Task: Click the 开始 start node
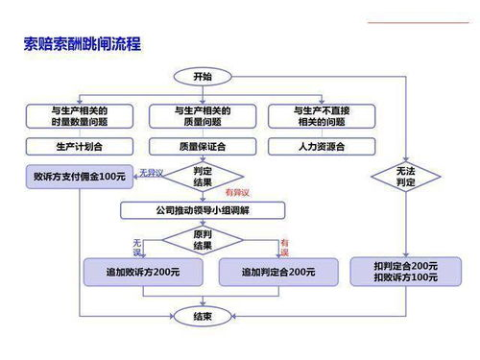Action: (202, 77)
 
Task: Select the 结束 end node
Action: (202, 315)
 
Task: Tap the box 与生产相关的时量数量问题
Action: (79, 117)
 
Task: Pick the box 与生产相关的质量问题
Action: (203, 117)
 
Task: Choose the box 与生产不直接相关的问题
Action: (322, 117)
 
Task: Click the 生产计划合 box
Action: (79, 147)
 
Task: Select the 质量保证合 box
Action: (203, 147)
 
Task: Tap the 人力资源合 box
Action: (322, 147)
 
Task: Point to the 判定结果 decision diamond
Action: (203, 177)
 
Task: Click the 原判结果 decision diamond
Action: (203, 240)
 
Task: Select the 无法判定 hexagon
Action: (406, 177)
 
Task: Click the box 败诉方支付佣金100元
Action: (79, 178)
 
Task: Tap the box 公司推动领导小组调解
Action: (203, 209)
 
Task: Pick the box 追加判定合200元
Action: (268, 273)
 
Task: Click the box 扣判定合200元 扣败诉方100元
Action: (406, 271)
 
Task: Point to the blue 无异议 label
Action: (152, 172)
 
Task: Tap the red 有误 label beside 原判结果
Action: (284, 247)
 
